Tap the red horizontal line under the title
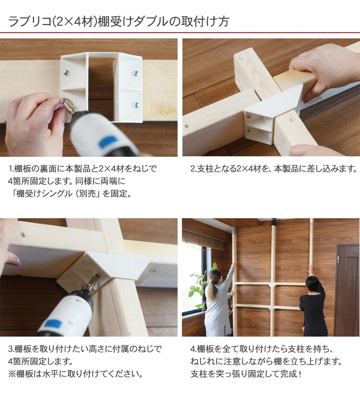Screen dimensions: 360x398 pos(180,33)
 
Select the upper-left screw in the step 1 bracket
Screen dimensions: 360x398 pos(66,73)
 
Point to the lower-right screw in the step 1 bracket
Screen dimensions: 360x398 pos(136,105)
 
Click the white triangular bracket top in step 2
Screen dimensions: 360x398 pos(276,101)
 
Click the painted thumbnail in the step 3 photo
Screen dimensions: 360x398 pos(15,261)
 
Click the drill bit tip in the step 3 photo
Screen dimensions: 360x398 pos(98,275)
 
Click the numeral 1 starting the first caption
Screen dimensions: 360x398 pos(11,168)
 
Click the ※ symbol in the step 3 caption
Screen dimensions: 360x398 pos(12,374)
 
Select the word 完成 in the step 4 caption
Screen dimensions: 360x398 pos(289,374)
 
